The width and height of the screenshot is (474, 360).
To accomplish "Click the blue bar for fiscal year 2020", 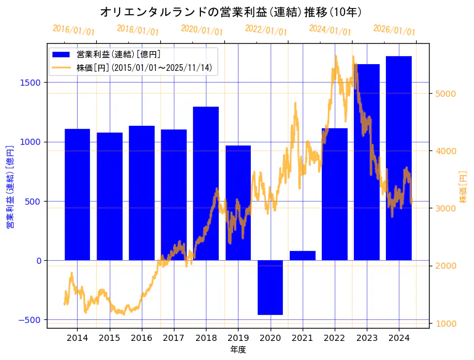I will point(270,287).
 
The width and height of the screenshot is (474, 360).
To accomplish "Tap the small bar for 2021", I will point(302,255).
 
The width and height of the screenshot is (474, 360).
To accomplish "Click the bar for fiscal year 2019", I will point(238,203).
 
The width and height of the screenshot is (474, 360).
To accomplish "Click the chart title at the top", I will point(231,12).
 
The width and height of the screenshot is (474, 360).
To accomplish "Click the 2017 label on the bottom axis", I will point(174,338).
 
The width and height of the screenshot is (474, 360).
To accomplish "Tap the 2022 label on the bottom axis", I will point(335,338).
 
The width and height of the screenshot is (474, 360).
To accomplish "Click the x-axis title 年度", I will point(238,350).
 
